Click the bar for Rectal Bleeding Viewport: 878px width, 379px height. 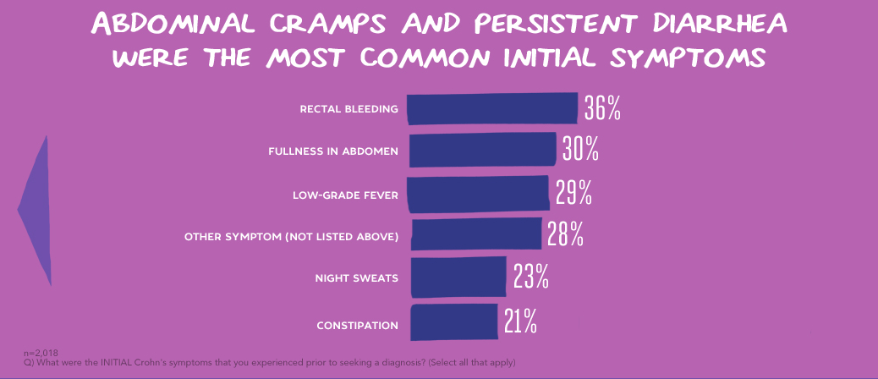coord(492,109)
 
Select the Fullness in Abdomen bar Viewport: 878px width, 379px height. coord(482,151)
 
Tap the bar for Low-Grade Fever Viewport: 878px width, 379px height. coord(478,194)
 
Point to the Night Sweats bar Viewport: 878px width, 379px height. coord(458,277)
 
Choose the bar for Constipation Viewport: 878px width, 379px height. coord(454,321)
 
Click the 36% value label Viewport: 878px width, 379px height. coord(602,109)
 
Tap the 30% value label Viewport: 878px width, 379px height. coord(581,150)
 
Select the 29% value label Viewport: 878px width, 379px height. coord(573,194)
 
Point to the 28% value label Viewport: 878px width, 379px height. coord(565,235)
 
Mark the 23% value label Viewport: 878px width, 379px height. coord(531,277)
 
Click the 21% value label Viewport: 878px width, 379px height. coord(520,321)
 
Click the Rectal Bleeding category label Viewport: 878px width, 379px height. coord(348,109)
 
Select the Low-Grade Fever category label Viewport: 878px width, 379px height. coord(345,195)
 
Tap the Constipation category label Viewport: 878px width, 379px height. coord(357,326)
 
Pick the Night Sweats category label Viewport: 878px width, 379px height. coord(356,278)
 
